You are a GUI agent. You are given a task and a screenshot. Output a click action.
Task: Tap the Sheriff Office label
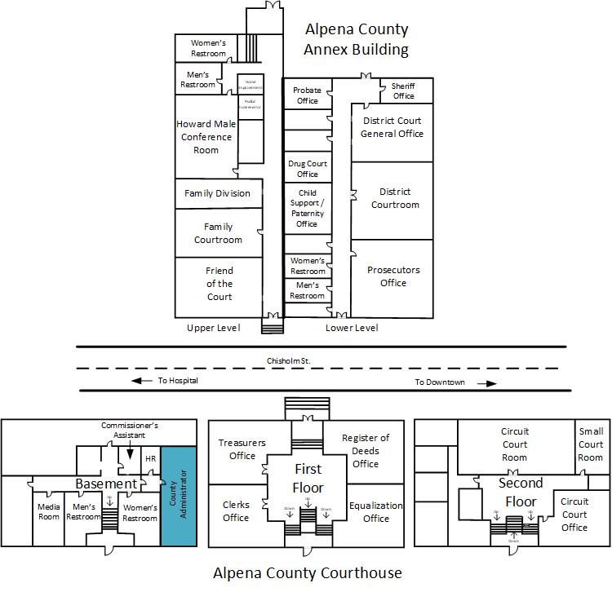(x=403, y=91)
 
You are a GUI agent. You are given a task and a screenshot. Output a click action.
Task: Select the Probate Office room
(x=308, y=95)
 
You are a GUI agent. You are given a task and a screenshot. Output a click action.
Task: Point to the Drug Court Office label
(x=308, y=169)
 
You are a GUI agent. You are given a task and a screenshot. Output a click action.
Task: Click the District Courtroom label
(x=395, y=198)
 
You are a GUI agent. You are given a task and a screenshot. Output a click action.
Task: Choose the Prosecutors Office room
(x=392, y=276)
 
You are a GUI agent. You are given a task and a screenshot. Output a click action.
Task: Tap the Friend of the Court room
(x=219, y=284)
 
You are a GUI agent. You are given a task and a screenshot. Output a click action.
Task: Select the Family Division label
(x=217, y=193)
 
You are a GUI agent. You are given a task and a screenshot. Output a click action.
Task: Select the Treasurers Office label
(x=242, y=449)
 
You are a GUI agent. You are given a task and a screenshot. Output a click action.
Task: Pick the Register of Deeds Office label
(x=366, y=451)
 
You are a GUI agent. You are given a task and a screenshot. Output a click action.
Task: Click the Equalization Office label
(x=375, y=511)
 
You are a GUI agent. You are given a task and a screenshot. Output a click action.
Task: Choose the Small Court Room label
(x=590, y=444)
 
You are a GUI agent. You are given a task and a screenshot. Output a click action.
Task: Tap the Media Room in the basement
(x=49, y=512)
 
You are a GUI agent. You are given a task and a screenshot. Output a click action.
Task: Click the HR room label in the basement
(x=150, y=459)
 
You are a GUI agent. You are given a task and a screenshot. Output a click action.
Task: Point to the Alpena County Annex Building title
(x=357, y=40)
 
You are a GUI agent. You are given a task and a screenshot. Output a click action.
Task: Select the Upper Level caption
(x=213, y=328)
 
